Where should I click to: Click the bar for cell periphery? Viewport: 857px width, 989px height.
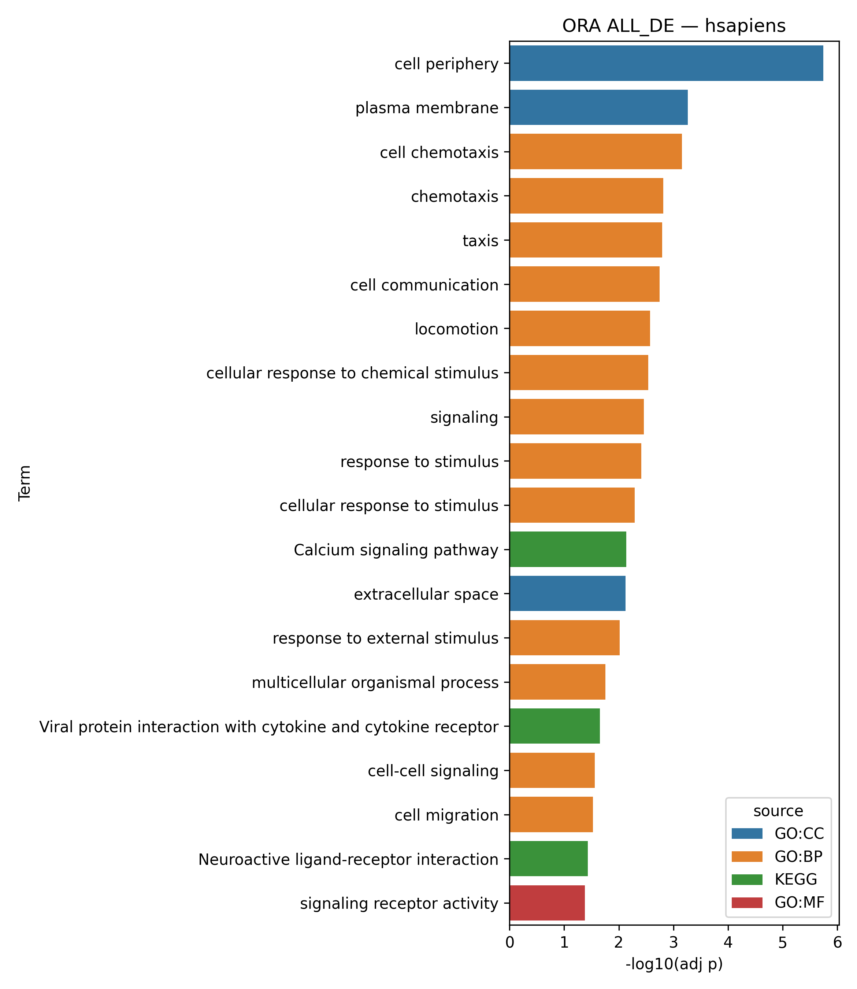(666, 63)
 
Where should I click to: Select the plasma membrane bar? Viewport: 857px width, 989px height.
(598, 108)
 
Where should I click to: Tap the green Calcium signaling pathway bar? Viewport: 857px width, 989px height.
(568, 549)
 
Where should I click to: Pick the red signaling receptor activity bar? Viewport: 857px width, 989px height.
(547, 903)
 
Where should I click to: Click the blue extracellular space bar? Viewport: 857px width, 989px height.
(567, 593)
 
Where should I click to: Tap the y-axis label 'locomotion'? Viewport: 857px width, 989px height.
(456, 329)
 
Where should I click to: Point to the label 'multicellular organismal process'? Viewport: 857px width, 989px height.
(375, 682)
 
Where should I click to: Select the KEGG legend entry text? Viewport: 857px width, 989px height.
(796, 879)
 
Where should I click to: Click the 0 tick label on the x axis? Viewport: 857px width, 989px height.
(510, 944)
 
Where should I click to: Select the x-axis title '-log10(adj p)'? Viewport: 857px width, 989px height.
(674, 964)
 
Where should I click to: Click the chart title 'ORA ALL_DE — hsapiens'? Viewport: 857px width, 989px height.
(674, 26)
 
